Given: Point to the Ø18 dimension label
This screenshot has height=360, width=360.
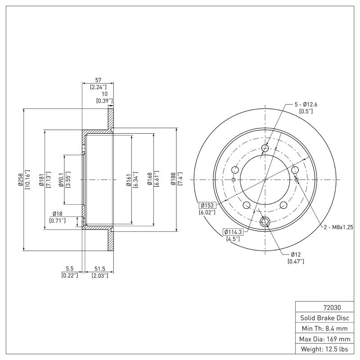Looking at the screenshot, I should (x=57, y=213).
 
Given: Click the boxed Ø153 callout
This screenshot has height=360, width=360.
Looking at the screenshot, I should (x=208, y=205).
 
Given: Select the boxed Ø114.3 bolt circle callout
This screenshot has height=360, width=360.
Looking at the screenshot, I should (x=233, y=232).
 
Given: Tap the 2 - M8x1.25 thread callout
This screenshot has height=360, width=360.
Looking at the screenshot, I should (x=338, y=227).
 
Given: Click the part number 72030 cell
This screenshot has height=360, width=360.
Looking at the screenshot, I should (x=327, y=308).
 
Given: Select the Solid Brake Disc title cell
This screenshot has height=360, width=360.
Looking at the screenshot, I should (x=327, y=318).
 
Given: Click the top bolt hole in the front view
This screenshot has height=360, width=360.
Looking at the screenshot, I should (x=265, y=148).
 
